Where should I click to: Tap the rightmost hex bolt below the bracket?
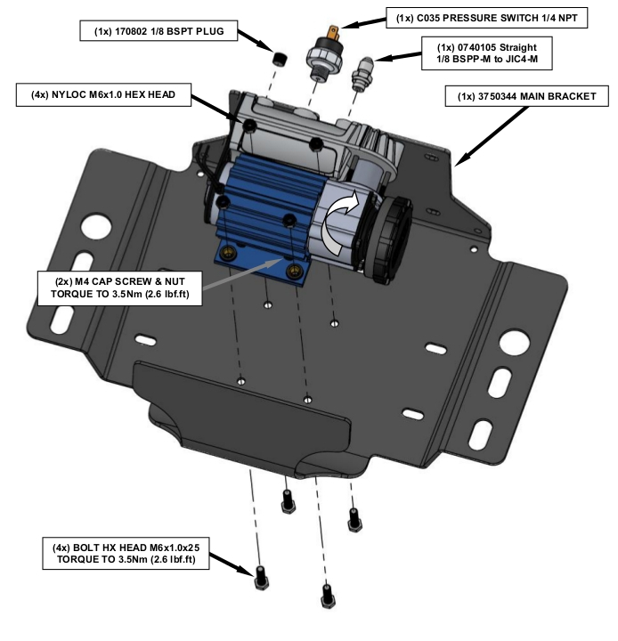(355, 516)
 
